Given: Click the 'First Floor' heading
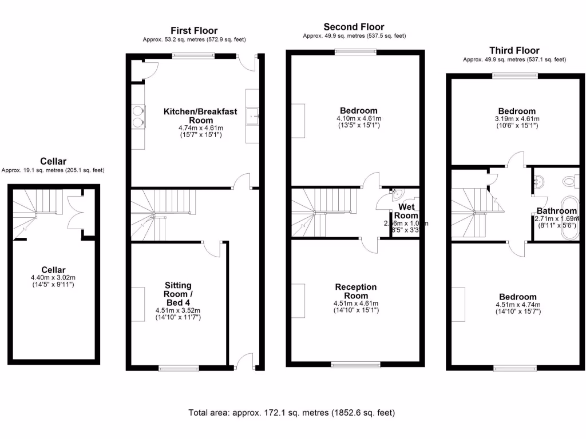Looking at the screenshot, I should click(194, 30).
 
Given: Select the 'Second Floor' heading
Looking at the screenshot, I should click(354, 27).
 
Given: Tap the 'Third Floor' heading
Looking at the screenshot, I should click(514, 50).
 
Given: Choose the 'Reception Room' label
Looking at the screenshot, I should click(355, 291).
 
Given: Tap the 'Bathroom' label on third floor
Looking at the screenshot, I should click(556, 211).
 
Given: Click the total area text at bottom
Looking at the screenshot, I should click(292, 412).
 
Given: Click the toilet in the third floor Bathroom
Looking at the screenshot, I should click(571, 182).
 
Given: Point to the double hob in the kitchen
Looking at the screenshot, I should click(137, 116).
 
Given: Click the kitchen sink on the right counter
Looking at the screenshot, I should click(252, 117).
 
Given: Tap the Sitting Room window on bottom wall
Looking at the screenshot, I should click(179, 368).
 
